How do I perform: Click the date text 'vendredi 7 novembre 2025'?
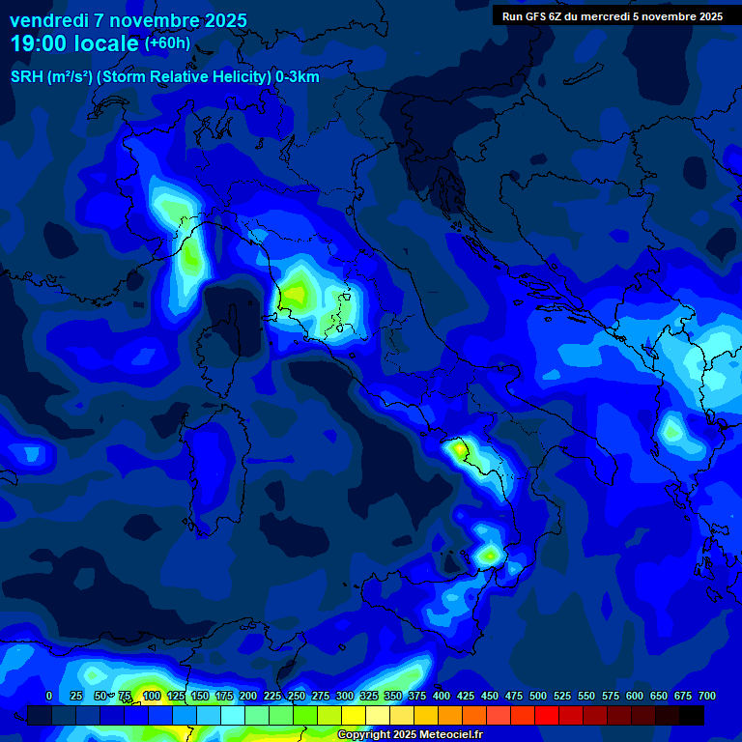(128, 20)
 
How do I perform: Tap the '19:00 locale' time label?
(74, 43)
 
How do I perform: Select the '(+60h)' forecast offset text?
(167, 43)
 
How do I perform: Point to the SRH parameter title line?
(165, 77)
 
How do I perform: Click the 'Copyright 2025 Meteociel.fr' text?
(410, 735)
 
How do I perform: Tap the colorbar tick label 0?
(49, 696)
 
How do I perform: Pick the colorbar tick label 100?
(151, 696)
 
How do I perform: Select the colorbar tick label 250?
(296, 696)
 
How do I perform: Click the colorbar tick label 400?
(442, 696)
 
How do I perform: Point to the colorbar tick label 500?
(538, 696)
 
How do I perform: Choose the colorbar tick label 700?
(707, 696)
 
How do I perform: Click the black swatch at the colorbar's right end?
(692, 715)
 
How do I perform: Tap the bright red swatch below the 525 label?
(547, 715)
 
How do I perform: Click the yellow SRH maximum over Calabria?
(456, 448)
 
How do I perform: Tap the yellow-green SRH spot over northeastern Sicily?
(489, 555)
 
